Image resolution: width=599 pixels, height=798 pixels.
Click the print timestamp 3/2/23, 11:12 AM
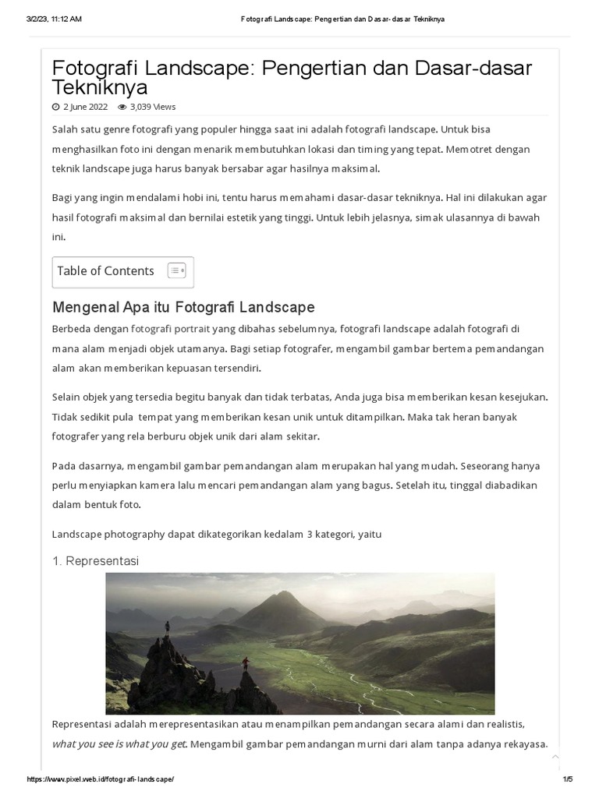pyautogui.click(x=54, y=19)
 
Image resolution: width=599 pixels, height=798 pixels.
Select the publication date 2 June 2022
pyautogui.click(x=85, y=107)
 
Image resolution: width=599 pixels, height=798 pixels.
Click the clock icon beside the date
pyautogui.click(x=55, y=107)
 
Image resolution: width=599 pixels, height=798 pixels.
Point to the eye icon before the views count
pyautogui.click(x=122, y=107)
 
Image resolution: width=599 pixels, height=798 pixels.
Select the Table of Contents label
pyautogui.click(x=105, y=271)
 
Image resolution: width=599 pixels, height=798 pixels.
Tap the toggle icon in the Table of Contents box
pyautogui.click(x=176, y=271)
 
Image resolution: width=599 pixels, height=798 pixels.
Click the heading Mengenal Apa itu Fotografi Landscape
pyautogui.click(x=183, y=306)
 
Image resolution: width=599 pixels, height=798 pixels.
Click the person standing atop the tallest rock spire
pyautogui.click(x=166, y=626)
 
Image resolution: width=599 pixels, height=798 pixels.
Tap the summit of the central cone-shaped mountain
pyautogui.click(x=285, y=594)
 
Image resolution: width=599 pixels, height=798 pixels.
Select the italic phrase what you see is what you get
pyautogui.click(x=119, y=743)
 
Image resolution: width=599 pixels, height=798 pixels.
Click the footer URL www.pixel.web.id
pyautogui.click(x=101, y=779)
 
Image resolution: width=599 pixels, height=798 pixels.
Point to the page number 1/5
pyautogui.click(x=567, y=779)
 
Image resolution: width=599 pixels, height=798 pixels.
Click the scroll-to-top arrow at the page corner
pyautogui.click(x=555, y=757)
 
